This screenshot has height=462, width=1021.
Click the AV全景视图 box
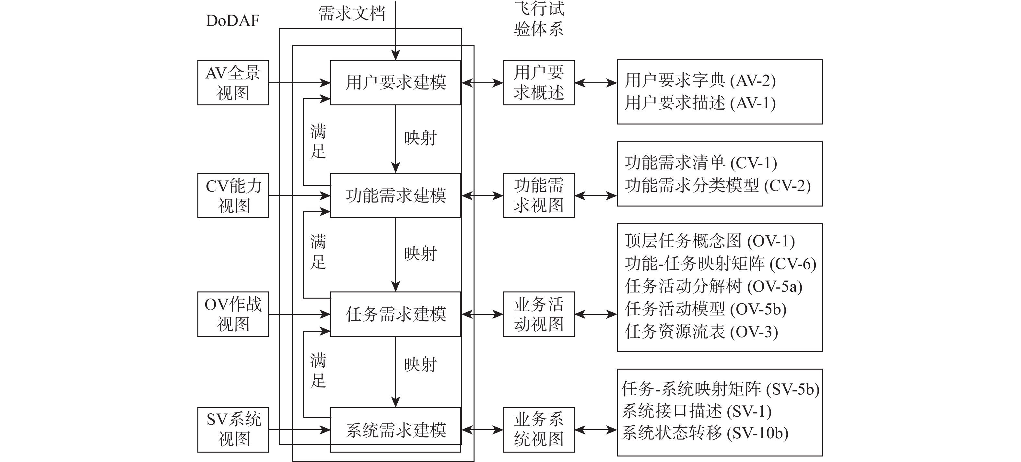click(233, 83)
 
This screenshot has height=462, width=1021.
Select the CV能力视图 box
click(233, 195)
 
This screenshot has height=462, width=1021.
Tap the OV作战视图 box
click(233, 314)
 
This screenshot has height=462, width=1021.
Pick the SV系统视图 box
click(233, 430)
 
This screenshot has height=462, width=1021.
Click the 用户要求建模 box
click(395, 83)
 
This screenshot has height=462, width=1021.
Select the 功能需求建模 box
click(395, 195)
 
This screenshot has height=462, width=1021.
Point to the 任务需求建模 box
click(395, 314)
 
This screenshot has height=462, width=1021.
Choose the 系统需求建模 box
click(395, 430)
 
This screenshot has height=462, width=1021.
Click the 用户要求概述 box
click(538, 83)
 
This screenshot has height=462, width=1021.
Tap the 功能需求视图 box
click(538, 195)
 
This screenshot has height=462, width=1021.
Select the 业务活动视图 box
click(538, 314)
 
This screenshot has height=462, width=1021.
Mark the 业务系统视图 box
click(538, 430)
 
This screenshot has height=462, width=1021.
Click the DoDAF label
click(233, 21)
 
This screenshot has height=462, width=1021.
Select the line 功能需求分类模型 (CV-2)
click(717, 185)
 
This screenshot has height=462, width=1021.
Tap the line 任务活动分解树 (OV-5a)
click(713, 286)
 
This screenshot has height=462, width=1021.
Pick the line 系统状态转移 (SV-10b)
click(705, 433)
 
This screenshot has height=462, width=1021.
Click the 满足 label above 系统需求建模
click(318, 370)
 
